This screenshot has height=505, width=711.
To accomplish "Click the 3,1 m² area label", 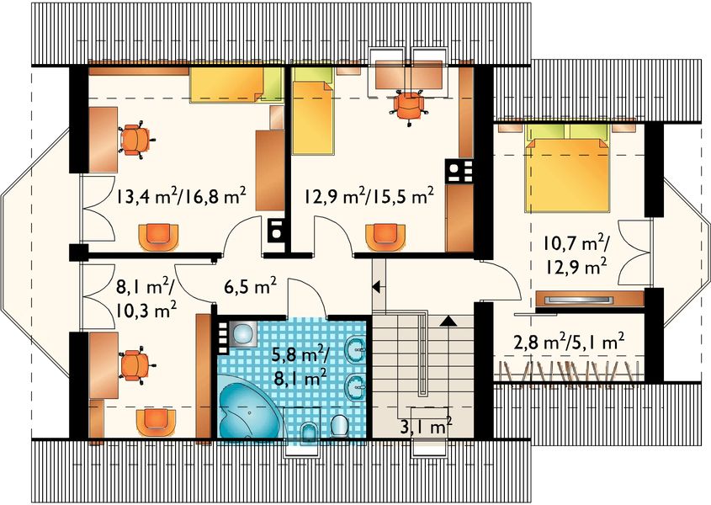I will click(x=428, y=427).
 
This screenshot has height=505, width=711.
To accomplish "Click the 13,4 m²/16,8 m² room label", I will click(x=181, y=197).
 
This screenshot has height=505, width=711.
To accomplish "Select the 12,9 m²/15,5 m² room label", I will click(x=369, y=197).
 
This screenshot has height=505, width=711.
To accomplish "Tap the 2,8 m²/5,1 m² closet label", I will click(x=569, y=341).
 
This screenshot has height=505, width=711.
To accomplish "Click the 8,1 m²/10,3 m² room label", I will click(x=145, y=297).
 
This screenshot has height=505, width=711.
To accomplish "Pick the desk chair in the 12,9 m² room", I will click(x=409, y=105).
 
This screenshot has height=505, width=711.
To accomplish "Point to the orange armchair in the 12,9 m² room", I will click(x=384, y=237).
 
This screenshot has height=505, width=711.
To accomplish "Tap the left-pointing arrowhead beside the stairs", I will click(x=377, y=287).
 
